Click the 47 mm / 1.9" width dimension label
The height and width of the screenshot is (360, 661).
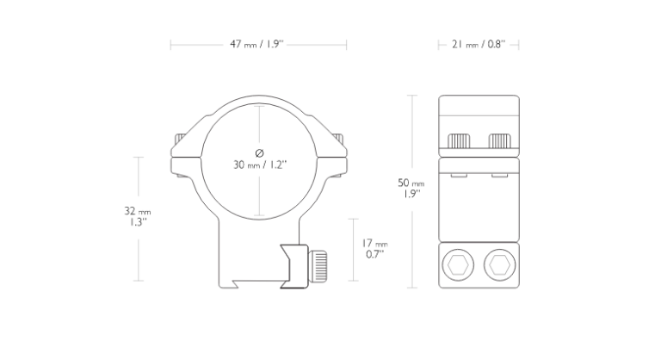(256, 44)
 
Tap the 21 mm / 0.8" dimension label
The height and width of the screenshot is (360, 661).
(479, 44)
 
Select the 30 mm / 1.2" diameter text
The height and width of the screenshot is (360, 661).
(260, 164)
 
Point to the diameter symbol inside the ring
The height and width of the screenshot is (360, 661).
(259, 152)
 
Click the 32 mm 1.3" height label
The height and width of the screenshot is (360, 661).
(138, 216)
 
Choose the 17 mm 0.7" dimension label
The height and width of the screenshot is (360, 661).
(374, 249)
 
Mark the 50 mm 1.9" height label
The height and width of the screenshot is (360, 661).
(411, 189)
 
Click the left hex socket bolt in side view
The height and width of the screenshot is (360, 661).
(458, 265)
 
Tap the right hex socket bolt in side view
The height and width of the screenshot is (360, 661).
(499, 265)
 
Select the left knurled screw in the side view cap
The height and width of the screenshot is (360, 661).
(459, 141)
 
